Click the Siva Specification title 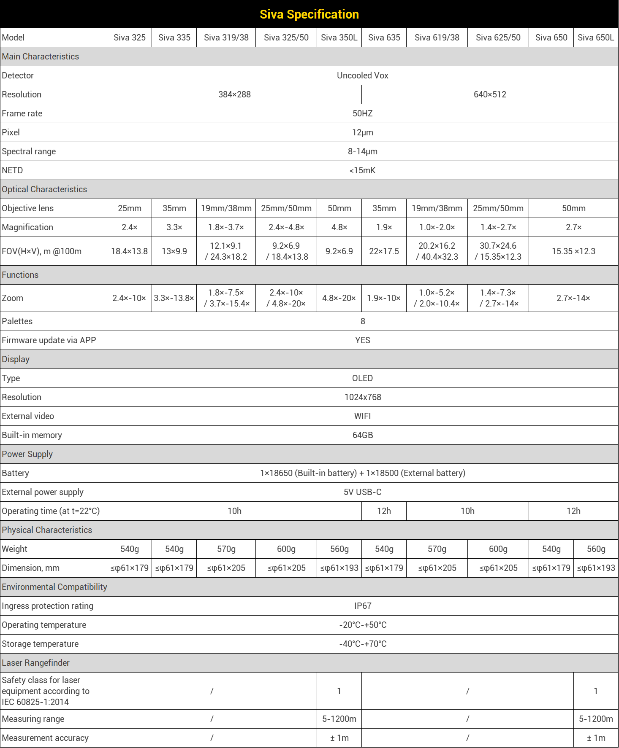(x=309, y=14)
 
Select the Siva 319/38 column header (x=226, y=38)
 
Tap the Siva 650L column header (x=596, y=38)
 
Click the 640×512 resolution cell (x=490, y=94)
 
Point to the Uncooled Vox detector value (x=362, y=75)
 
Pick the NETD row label (x=13, y=170)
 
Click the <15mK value (x=362, y=170)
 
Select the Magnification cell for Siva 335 (x=174, y=227)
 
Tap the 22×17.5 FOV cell (x=384, y=251)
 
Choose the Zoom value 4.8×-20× (x=339, y=298)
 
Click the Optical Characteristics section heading (x=44, y=189)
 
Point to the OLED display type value (x=362, y=378)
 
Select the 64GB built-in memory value (x=362, y=435)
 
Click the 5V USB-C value (x=362, y=492)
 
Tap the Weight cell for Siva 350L (x=339, y=549)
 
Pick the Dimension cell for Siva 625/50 (x=498, y=568)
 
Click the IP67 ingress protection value (x=362, y=606)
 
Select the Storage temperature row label (x=40, y=644)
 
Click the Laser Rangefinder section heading (x=35, y=663)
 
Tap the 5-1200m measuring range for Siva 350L (x=339, y=719)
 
